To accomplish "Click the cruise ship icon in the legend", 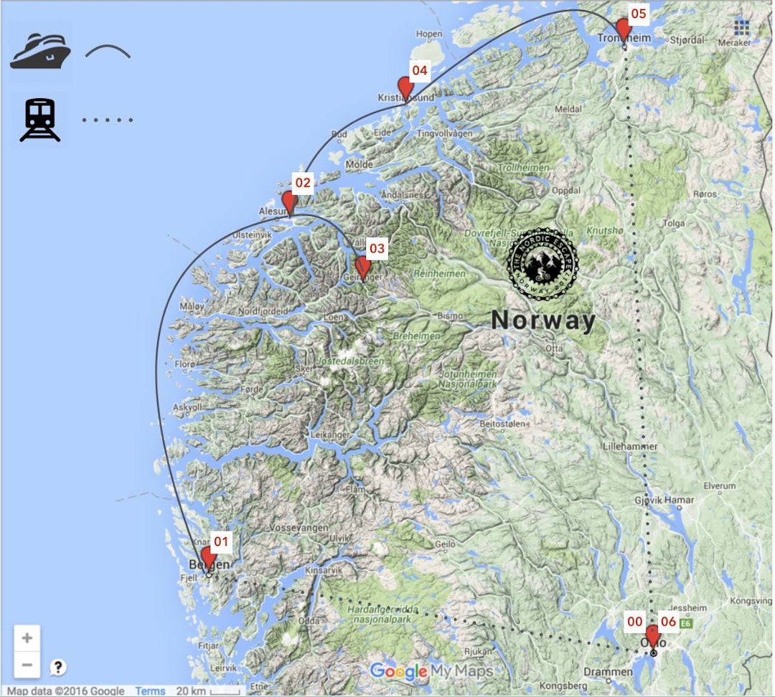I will tap(40, 51).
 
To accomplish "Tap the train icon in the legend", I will tap(40, 119).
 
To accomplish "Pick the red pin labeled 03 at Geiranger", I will tap(363, 267).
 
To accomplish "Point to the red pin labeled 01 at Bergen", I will tap(209, 558).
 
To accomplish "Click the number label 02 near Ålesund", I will tap(303, 183).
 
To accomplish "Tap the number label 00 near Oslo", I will tap(634, 622).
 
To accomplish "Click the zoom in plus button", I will tap(27, 637).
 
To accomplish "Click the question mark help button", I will tap(58, 667).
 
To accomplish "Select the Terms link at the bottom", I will tap(150, 691).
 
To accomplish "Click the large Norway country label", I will tap(543, 321).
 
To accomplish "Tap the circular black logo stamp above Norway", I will tap(542, 265).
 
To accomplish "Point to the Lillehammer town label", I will tap(630, 446).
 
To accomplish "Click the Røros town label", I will tap(705, 194).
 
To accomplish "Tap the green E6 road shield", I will tap(687, 624).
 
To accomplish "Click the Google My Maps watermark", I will tap(431, 671).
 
